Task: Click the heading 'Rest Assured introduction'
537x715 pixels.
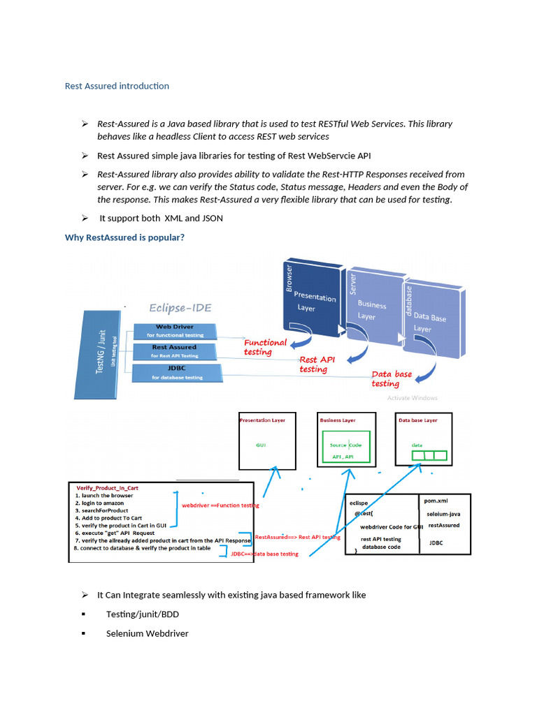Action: pyautogui.click(x=117, y=86)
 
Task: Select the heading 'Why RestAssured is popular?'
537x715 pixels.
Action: pyautogui.click(x=124, y=237)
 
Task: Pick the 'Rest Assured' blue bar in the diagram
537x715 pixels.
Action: pyautogui.click(x=175, y=351)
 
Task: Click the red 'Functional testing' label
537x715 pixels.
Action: pyautogui.click(x=264, y=347)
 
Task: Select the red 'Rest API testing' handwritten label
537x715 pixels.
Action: pyautogui.click(x=317, y=364)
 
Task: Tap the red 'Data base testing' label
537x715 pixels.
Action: pyautogui.click(x=391, y=378)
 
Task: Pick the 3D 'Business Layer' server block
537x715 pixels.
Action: pyautogui.click(x=373, y=307)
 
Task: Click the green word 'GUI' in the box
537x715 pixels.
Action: pyautogui.click(x=262, y=444)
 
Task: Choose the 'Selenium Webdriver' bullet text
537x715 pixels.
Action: pyautogui.click(x=147, y=634)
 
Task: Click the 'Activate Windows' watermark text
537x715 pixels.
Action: pyautogui.click(x=412, y=398)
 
